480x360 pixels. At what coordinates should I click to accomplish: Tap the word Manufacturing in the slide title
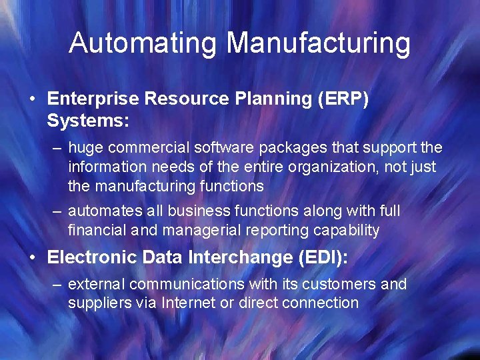318,43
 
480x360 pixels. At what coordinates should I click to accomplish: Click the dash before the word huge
58,147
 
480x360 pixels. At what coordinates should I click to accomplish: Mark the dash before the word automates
58,211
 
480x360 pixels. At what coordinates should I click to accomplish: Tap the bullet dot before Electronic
32,257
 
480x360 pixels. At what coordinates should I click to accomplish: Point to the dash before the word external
58,285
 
